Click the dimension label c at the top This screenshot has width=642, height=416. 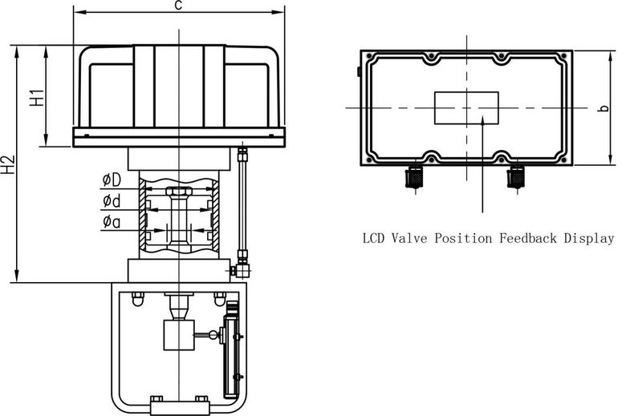tap(177, 6)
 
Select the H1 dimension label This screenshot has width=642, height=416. tap(36, 97)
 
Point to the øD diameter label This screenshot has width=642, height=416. tap(112, 180)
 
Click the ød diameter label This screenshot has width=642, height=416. tap(112, 201)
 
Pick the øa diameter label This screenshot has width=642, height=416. tap(112, 222)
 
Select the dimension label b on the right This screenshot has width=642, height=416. tap(603, 108)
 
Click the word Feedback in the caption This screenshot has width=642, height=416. tap(528, 238)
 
